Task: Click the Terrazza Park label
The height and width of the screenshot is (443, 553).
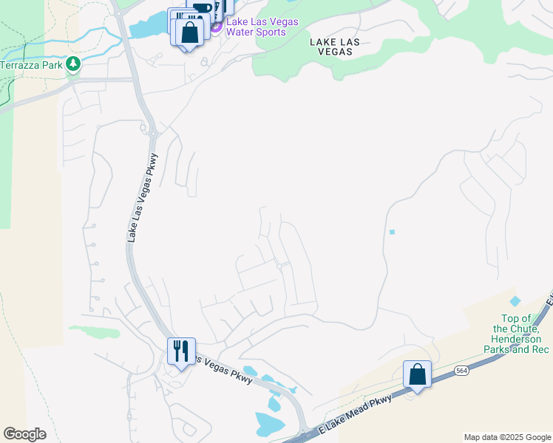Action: tap(31, 65)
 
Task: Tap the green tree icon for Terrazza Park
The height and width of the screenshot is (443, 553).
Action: tap(72, 64)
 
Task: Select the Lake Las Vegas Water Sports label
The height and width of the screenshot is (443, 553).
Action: tap(262, 27)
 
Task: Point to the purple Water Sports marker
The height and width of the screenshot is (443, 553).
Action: tap(216, 27)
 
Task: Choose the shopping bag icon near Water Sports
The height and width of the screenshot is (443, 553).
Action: tap(189, 32)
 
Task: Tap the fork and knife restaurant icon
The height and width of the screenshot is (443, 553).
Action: tap(181, 350)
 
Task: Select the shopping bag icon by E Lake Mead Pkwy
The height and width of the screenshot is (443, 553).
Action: tap(418, 374)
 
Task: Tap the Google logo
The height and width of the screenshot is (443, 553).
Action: tap(24, 434)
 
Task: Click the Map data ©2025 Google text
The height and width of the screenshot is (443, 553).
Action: tap(507, 437)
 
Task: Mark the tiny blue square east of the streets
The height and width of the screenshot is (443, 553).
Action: tap(392, 233)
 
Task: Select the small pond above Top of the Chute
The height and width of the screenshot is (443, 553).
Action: tap(515, 301)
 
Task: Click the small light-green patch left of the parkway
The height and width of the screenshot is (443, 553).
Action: tap(95, 332)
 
